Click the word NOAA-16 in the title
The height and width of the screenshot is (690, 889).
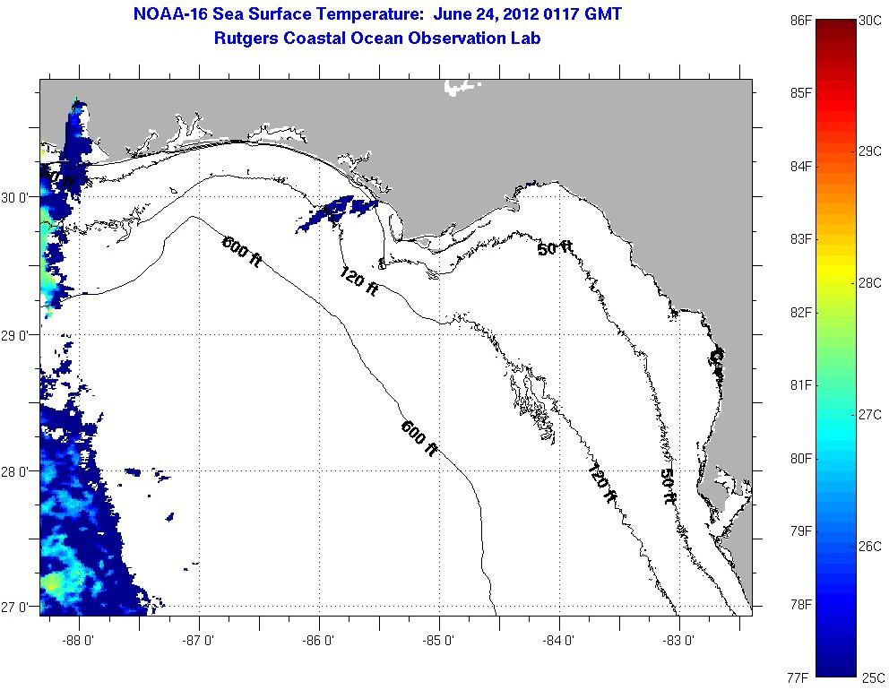pyautogui.click(x=167, y=14)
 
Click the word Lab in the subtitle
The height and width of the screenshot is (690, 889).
pyautogui.click(x=526, y=38)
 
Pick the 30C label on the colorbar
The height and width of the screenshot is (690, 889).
pyautogui.click(x=870, y=20)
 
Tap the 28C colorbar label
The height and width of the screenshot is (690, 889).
pyautogui.click(x=870, y=283)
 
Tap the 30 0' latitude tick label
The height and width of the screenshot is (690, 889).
pyautogui.click(x=18, y=197)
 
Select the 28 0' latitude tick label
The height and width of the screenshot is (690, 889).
pyautogui.click(x=18, y=470)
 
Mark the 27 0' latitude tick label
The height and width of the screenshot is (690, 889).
pyautogui.click(x=18, y=607)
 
